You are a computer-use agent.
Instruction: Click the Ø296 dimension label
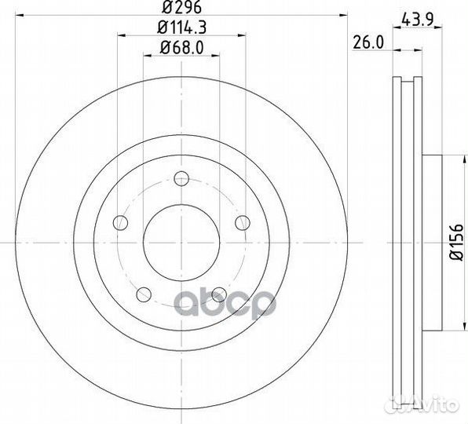(x=181, y=7)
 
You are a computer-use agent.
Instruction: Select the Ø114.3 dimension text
(x=181, y=27)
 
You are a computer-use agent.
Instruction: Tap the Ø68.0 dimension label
(x=181, y=47)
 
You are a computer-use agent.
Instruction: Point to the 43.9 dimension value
(x=417, y=20)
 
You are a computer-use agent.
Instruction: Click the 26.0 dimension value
(x=368, y=42)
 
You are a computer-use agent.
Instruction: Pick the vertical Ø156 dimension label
(x=456, y=243)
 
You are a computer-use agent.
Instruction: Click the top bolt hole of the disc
(x=181, y=178)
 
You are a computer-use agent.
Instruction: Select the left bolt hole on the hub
(x=121, y=222)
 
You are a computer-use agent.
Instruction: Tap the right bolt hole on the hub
(x=243, y=222)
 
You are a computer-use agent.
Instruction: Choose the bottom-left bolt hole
(x=144, y=294)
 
